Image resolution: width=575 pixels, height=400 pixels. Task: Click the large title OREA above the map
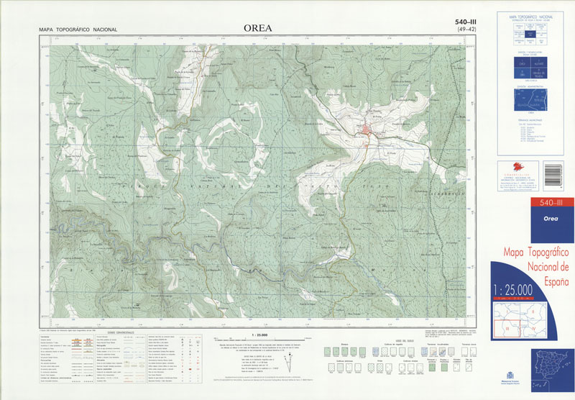click(x=257, y=29)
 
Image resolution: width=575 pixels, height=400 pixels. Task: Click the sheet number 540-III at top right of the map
click(x=466, y=22)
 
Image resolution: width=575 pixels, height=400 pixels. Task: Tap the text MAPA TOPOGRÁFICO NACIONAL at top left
click(x=78, y=30)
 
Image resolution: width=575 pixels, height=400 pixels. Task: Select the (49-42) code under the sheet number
click(x=466, y=30)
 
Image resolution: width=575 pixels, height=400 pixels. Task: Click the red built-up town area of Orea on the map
click(x=367, y=130)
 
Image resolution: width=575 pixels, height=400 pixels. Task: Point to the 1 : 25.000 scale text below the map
click(x=255, y=335)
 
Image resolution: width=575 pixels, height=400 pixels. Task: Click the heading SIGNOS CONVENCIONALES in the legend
click(x=121, y=332)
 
